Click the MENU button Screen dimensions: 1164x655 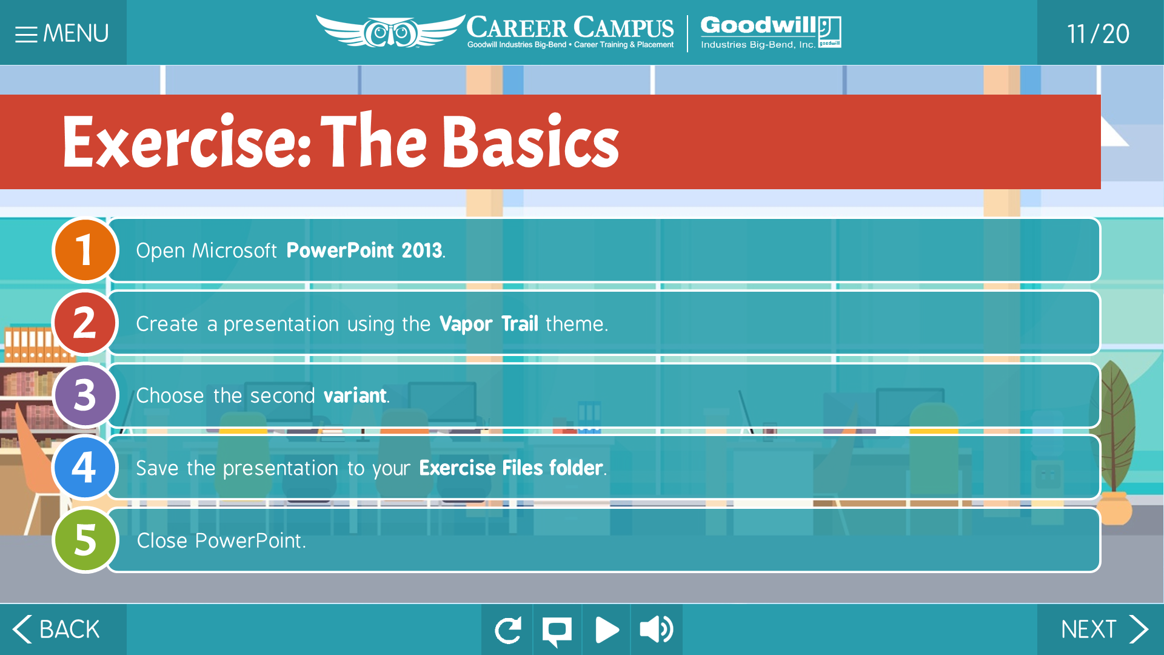63,33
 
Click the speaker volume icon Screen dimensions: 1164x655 656,630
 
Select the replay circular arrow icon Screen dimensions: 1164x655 507,630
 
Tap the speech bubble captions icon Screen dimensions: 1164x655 557,630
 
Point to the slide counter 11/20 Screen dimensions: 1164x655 1098,34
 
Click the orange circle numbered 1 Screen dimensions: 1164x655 85,250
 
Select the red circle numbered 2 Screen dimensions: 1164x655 85,323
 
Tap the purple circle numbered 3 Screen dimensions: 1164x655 85,395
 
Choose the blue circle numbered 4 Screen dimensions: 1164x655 85,468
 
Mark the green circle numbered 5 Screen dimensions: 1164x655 85,540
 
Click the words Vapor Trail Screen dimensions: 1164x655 489,324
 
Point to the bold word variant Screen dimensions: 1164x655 355,395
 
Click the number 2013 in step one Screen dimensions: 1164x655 421,250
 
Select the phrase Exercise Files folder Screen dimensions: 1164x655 511,468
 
